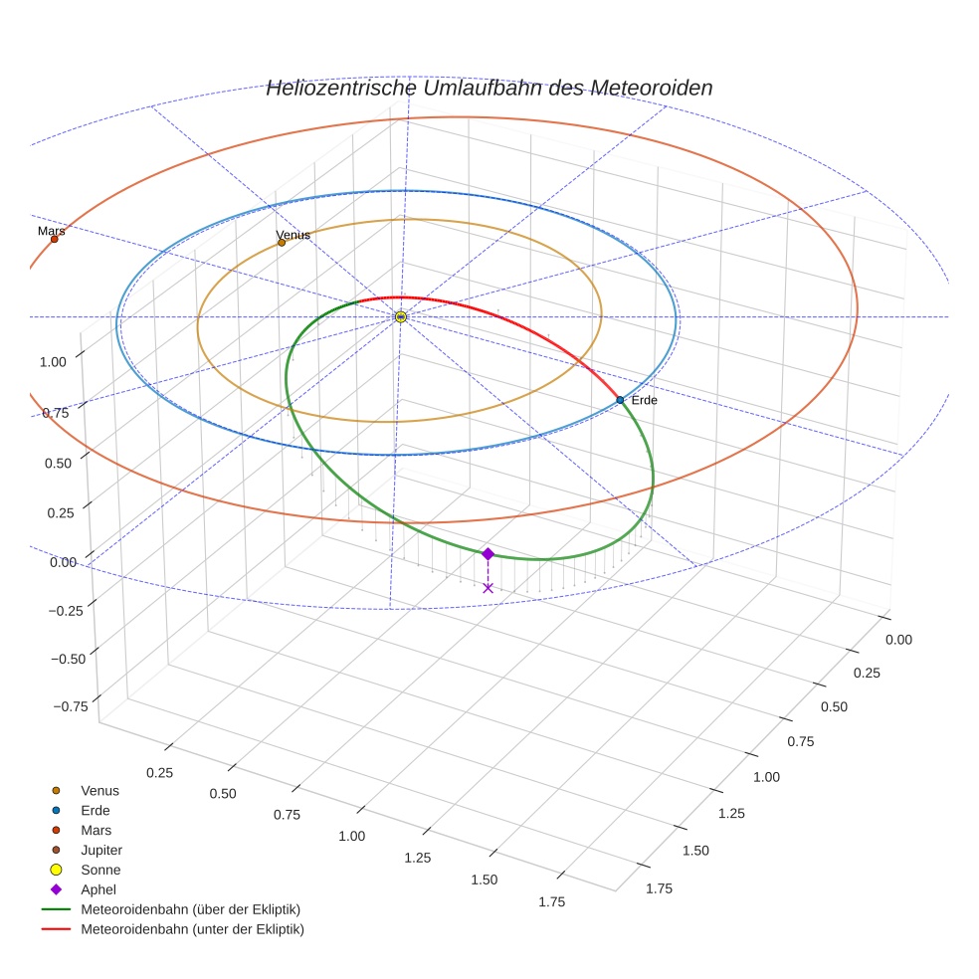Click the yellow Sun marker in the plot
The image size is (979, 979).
click(x=400, y=316)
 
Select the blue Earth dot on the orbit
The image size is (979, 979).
click(x=620, y=400)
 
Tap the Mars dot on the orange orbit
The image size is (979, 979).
click(x=54, y=239)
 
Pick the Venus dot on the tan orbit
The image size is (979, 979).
click(x=282, y=242)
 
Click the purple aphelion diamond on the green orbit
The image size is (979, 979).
click(x=488, y=553)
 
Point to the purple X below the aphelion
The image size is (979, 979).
click(x=488, y=588)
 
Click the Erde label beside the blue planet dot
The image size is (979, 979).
click(x=644, y=400)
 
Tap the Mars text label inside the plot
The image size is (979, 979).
click(x=52, y=231)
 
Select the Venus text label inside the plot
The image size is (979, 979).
click(x=293, y=235)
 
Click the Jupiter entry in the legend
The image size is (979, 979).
click(x=100, y=850)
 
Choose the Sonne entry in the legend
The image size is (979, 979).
click(x=100, y=870)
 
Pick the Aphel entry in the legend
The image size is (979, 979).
click(x=98, y=889)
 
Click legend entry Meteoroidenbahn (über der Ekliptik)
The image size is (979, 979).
click(x=190, y=909)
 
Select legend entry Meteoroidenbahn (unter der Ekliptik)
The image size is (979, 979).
click(x=192, y=929)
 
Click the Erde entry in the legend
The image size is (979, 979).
click(x=96, y=810)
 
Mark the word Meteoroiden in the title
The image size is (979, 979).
click(x=652, y=88)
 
